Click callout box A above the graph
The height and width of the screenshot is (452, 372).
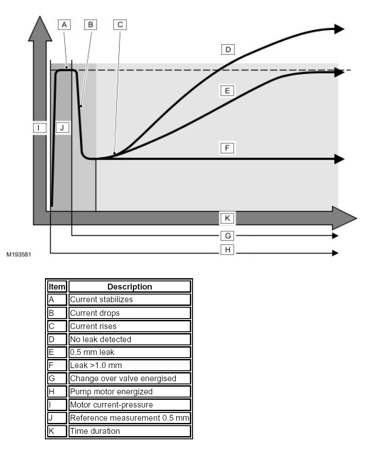coord(64,25)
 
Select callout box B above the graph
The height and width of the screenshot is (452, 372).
coord(90,25)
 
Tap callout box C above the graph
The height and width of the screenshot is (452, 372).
coord(120,25)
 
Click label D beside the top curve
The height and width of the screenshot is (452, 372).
coord(228,49)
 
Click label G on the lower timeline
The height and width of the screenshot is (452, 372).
coord(228,236)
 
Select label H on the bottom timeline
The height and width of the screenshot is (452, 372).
coord(228,249)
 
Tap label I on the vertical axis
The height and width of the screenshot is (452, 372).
coord(40,128)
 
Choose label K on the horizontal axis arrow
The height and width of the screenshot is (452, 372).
coord(228,218)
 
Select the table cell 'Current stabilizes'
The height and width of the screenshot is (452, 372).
coord(129,300)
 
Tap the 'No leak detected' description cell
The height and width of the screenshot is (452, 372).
coord(129,339)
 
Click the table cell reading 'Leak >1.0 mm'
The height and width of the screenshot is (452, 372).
coord(129,365)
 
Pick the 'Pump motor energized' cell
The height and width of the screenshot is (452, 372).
coord(129,391)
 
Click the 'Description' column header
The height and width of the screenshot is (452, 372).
coord(129,287)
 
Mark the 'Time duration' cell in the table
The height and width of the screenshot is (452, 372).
coord(129,431)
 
